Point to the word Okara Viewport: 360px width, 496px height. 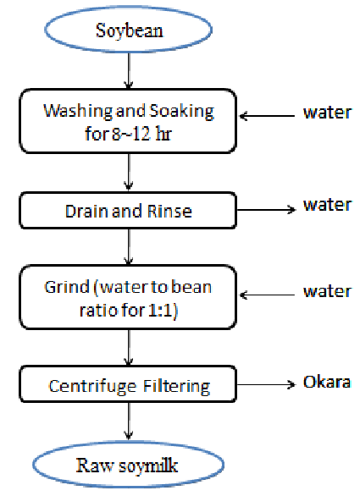coord(327,382)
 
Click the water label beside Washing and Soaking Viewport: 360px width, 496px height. coord(327,113)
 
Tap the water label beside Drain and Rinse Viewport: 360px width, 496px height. coord(327,205)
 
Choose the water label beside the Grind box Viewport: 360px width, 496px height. coord(327,291)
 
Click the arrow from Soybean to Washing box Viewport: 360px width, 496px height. coord(128,70)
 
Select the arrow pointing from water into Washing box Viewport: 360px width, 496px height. coord(267,116)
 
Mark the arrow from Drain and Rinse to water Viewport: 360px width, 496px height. coord(266,209)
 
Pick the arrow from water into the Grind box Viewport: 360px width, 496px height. coord(267,295)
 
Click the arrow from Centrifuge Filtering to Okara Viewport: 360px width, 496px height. coord(266,384)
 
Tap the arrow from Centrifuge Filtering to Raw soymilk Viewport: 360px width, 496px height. coord(128,421)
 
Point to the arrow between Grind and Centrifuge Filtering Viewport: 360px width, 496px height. coord(128,348)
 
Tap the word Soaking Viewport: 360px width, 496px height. coord(181,112)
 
